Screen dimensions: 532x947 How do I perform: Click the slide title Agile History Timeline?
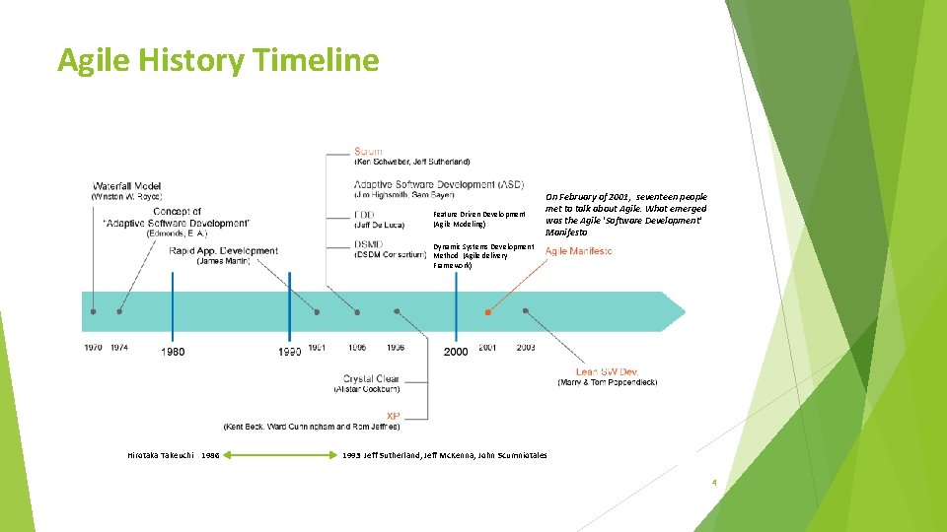pyautogui.click(x=218, y=60)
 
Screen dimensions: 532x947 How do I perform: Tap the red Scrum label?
pyautogui.click(x=368, y=151)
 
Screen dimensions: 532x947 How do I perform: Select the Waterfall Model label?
pyautogui.click(x=126, y=185)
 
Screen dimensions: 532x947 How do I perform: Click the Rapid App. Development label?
pyautogui.click(x=223, y=250)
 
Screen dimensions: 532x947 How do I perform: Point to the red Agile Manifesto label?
pyautogui.click(x=578, y=251)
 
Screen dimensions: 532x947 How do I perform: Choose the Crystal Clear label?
pyautogui.click(x=371, y=378)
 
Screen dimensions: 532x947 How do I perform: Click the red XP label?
pyautogui.click(x=393, y=415)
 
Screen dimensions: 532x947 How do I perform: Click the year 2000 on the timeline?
pyautogui.click(x=456, y=352)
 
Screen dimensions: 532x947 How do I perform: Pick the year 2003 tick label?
pyautogui.click(x=526, y=348)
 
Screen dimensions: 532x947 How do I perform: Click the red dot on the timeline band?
pyautogui.click(x=487, y=311)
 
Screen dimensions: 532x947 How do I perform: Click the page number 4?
pyautogui.click(x=713, y=483)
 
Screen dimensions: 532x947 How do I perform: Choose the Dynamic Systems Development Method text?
pyautogui.click(x=482, y=256)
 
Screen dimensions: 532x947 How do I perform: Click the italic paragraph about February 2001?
pyautogui.click(x=625, y=215)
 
